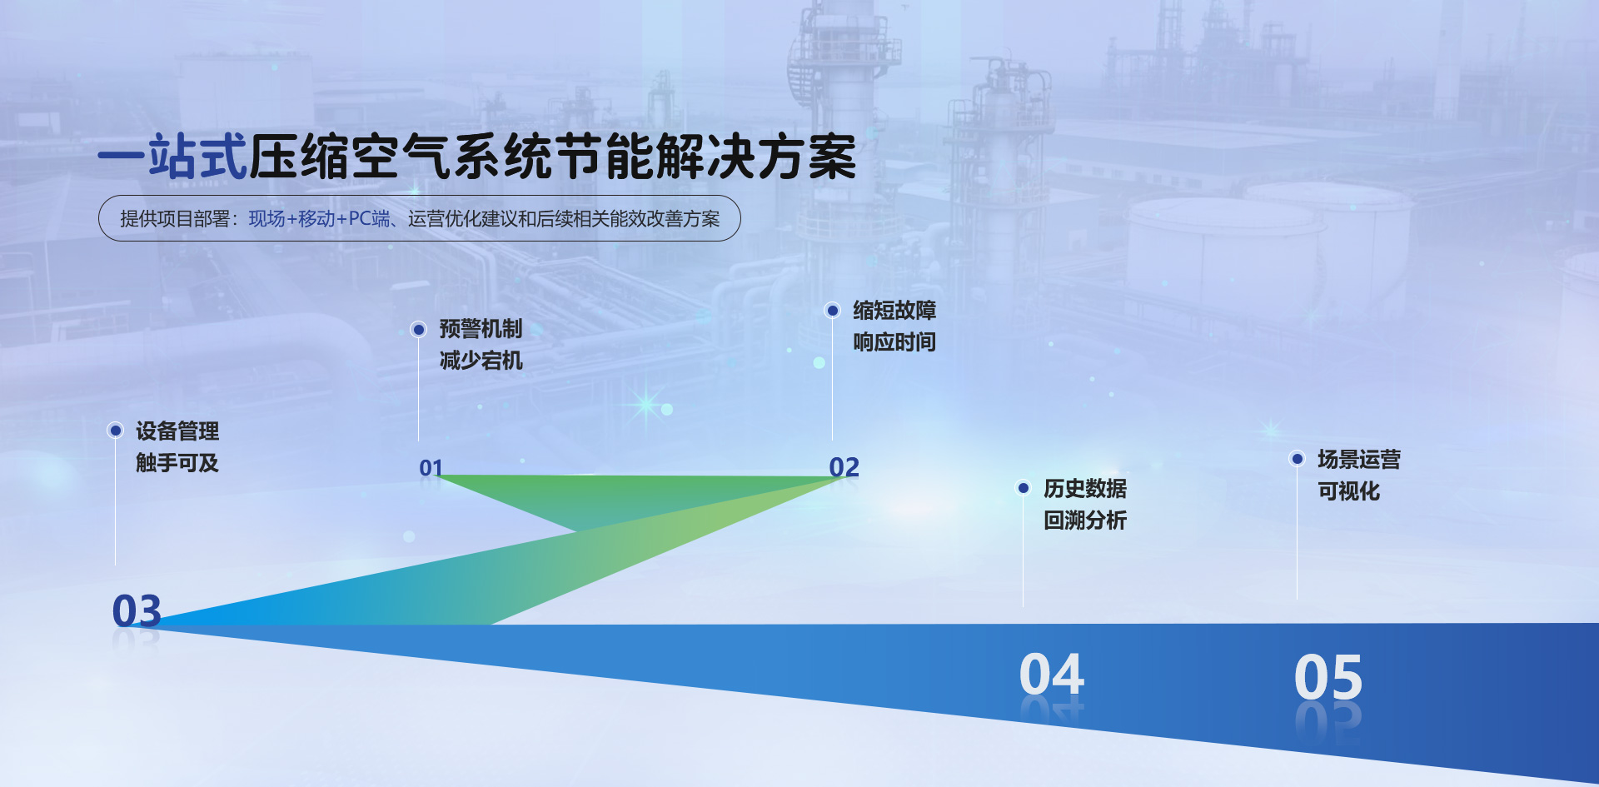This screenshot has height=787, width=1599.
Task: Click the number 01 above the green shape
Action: click(x=431, y=468)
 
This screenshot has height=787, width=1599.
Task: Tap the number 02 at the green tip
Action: click(x=844, y=467)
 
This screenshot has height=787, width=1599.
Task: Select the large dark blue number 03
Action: click(x=137, y=610)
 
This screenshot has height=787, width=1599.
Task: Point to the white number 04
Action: click(x=1052, y=674)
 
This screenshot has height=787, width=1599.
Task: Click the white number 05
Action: click(x=1328, y=677)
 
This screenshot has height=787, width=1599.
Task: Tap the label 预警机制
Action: click(x=481, y=329)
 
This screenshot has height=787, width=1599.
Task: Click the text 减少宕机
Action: click(x=481, y=361)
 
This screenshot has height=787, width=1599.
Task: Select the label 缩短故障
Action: click(x=894, y=311)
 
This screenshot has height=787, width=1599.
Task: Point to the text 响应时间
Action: click(x=894, y=342)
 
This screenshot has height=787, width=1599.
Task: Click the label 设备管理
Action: click(x=177, y=431)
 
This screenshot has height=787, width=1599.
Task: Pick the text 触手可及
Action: click(x=177, y=463)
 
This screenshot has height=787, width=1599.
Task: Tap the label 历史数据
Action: click(x=1085, y=489)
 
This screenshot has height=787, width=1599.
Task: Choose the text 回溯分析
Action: click(x=1085, y=521)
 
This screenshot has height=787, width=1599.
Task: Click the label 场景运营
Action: click(x=1359, y=460)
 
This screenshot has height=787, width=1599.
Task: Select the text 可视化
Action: click(x=1348, y=491)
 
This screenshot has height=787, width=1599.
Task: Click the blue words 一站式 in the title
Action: click(x=173, y=157)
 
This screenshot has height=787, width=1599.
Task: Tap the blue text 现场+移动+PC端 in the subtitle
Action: click(x=319, y=219)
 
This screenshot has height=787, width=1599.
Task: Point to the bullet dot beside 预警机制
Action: click(x=419, y=330)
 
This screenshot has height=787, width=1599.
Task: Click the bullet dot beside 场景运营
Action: click(x=1297, y=459)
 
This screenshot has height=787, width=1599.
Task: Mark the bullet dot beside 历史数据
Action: click(x=1024, y=488)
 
